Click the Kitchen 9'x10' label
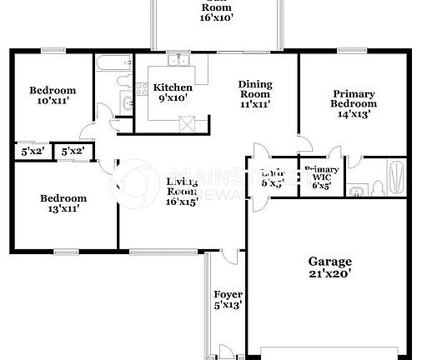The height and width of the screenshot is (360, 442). [172, 92]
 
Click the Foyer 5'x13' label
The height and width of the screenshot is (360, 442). [228, 299]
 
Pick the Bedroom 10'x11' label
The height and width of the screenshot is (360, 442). [53, 96]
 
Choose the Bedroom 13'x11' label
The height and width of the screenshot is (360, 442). [64, 203]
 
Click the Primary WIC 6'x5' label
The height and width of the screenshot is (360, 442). [320, 176]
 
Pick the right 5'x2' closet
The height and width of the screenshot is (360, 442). [73, 151]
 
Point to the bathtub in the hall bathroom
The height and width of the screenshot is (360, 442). [110, 64]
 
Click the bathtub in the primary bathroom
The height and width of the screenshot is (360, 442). [397, 177]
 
